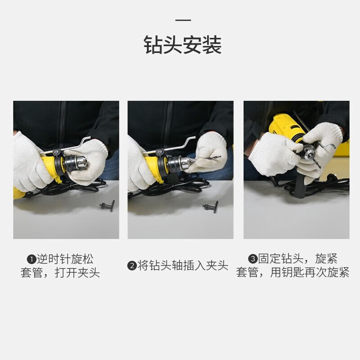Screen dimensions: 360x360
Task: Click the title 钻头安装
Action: pyautogui.click(x=183, y=45)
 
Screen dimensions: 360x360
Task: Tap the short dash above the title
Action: pyautogui.click(x=183, y=20)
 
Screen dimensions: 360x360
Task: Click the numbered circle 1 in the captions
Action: pyautogui.click(x=31, y=260)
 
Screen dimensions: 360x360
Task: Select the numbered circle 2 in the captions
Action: pyautogui.click(x=132, y=266)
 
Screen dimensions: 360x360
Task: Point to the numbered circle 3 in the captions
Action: pyautogui.click(x=253, y=259)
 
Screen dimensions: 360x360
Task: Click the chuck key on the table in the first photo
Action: pyautogui.click(x=108, y=206)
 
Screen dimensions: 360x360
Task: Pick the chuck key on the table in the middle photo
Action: pyautogui.click(x=211, y=207)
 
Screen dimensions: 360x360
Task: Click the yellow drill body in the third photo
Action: pyautogui.click(x=285, y=127)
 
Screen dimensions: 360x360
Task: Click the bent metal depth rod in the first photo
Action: pyautogui.click(x=65, y=147)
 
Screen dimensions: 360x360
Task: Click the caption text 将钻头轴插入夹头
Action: pyautogui.click(x=183, y=266)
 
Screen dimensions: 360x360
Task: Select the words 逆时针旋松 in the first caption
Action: pyautogui.click(x=65, y=260)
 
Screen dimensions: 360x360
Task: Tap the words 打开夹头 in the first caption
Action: pyautogui.click(x=77, y=273)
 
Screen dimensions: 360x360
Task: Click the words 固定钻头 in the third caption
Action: pyautogui.click(x=281, y=259)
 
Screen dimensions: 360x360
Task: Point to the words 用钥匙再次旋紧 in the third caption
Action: pyautogui.click(x=310, y=273)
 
